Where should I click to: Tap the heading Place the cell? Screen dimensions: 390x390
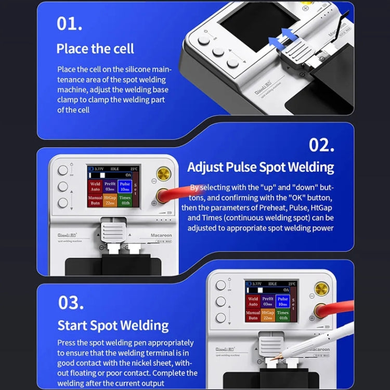(95, 49)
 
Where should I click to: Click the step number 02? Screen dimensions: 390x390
(321, 145)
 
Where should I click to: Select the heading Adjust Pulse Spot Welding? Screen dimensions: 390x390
(261, 167)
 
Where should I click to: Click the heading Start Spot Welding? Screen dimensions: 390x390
(113, 326)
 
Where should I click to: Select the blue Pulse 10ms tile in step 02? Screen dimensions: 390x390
(125, 186)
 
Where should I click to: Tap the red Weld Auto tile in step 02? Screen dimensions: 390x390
(95, 186)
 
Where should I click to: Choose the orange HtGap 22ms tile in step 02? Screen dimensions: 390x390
(110, 200)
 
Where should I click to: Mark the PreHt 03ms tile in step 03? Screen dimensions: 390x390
(268, 302)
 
